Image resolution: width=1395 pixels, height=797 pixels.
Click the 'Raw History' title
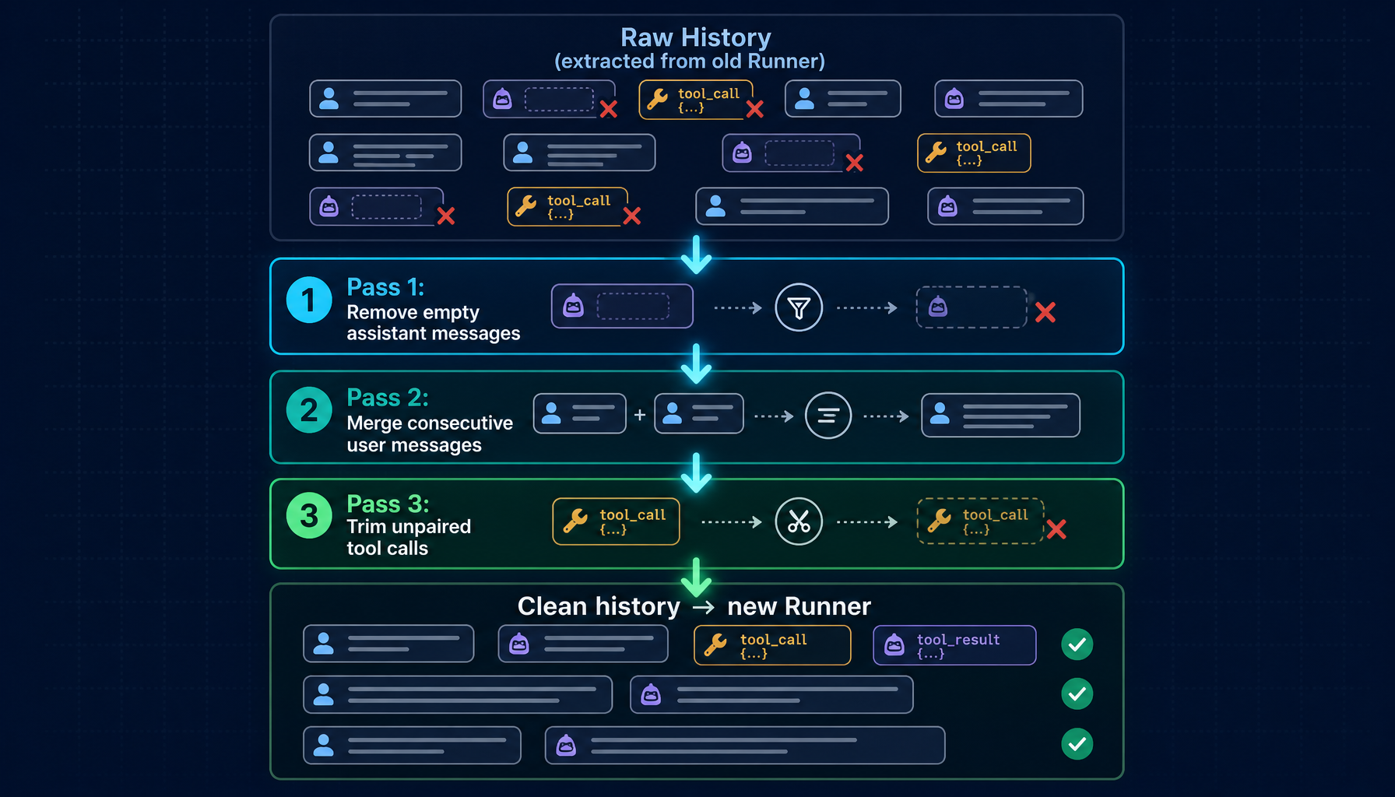coord(696,37)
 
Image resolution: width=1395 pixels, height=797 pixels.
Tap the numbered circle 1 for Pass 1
coord(309,300)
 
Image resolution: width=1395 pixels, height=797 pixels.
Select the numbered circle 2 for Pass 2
coord(309,409)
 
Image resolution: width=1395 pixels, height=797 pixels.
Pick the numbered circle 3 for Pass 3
coord(309,515)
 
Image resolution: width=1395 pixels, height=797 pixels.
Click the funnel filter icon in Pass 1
coord(799,307)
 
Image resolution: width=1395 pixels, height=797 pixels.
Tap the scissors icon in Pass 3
coord(799,521)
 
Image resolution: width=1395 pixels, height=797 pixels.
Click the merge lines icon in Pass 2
coord(828,416)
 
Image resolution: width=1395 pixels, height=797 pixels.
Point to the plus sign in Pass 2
coord(640,415)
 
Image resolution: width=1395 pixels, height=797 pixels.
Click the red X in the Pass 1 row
coord(1045,312)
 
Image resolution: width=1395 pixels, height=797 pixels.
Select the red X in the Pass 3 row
coord(1056,529)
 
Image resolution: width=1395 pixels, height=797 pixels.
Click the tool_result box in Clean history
coord(954,645)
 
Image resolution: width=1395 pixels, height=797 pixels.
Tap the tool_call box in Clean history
coord(772,645)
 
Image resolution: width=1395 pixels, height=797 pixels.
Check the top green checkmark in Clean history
coord(1077,644)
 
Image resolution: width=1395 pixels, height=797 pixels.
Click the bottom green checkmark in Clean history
coord(1077,744)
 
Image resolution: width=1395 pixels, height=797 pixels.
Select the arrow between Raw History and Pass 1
coord(696,255)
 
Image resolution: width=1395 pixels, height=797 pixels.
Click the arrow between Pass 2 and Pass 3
coord(696,472)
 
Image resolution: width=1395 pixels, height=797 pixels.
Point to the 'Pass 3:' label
coord(388,504)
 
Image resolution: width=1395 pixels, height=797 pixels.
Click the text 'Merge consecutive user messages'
coord(430,434)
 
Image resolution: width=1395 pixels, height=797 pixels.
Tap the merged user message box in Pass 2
coord(1000,416)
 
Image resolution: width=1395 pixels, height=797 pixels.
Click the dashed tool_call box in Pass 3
coord(980,521)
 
